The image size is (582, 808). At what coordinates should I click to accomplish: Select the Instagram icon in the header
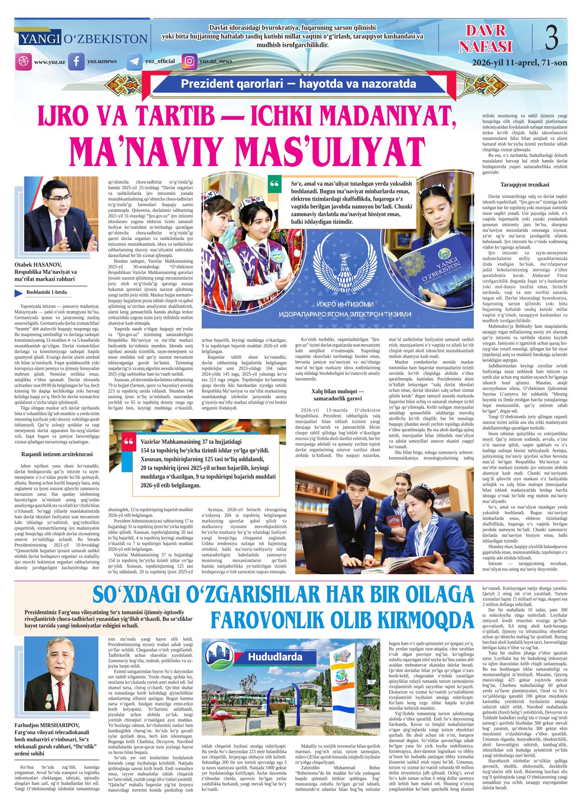point(189,62)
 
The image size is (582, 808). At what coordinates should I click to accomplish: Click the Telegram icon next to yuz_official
point(134,62)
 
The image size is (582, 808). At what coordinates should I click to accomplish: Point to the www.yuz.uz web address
point(50,62)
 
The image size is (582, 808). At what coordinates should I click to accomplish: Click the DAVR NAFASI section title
point(488,39)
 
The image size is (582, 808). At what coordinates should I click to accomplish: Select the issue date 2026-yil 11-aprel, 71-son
point(519,62)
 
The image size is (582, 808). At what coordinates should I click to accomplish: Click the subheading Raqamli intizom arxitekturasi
point(57,454)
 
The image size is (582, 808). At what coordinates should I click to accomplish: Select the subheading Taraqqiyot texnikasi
point(525,184)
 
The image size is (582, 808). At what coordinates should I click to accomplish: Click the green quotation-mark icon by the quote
point(274,184)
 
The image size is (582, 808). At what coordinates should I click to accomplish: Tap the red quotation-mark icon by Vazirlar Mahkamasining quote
point(128,443)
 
